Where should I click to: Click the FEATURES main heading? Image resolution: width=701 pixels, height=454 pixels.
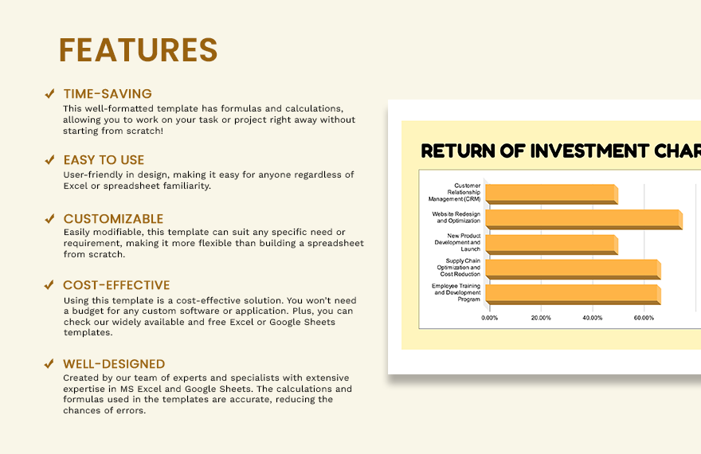pos(138,49)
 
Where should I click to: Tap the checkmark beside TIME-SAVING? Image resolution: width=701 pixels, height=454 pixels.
pos(49,93)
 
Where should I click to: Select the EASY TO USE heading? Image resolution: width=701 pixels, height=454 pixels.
pos(104,160)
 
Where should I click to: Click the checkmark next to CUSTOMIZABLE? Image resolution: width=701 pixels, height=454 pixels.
pos(49,218)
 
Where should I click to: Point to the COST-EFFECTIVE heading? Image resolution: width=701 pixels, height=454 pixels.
pos(116,285)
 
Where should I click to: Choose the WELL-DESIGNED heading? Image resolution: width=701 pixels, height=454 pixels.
pos(114,364)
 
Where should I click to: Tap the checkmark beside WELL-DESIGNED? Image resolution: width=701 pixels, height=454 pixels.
pos(49,364)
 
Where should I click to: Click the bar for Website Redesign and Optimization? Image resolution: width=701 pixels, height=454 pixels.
pos(584,219)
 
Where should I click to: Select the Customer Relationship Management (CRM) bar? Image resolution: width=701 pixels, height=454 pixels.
pos(552,194)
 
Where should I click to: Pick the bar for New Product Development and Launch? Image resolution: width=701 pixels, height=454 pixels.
pos(552,245)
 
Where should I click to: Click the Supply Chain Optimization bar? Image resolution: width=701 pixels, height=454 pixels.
pos(573,269)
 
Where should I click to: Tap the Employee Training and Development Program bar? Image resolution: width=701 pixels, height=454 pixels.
pos(573,295)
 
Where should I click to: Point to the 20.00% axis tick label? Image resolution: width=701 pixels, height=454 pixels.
pos(541,318)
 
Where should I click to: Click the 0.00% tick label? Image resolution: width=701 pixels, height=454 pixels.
pos(490,318)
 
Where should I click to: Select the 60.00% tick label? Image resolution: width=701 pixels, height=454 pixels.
pos(644,318)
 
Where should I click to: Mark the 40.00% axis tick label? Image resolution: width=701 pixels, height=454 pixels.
pos(593,318)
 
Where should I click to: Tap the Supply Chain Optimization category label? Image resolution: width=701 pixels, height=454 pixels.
pos(459,267)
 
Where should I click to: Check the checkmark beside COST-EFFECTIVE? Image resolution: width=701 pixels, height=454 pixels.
pos(49,284)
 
